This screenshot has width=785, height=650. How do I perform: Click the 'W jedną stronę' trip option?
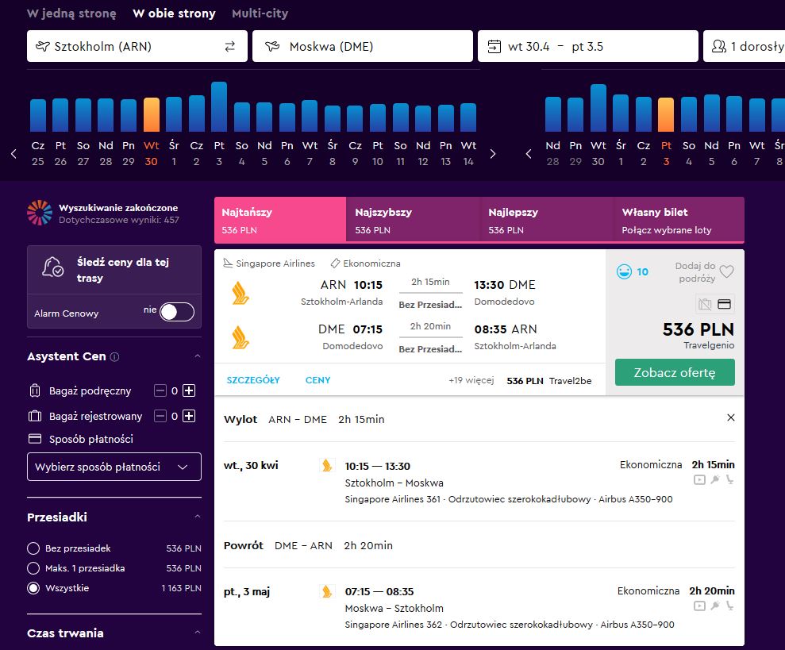(71, 13)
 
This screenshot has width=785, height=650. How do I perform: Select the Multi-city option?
(260, 13)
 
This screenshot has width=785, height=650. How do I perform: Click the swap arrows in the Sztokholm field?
(230, 47)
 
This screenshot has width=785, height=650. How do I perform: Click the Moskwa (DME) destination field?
(363, 46)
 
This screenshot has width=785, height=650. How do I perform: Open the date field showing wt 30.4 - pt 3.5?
(587, 46)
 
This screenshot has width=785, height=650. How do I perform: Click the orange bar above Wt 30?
(151, 114)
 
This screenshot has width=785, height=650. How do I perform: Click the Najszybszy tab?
(413, 221)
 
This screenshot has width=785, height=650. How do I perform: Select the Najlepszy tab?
(547, 221)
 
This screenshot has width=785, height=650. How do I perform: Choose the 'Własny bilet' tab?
(679, 221)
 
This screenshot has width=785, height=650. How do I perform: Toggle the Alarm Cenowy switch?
(177, 312)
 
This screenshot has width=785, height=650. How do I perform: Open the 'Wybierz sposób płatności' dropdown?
(114, 467)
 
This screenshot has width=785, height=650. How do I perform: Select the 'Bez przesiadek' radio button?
(33, 548)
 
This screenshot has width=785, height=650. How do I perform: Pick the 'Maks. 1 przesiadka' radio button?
(33, 568)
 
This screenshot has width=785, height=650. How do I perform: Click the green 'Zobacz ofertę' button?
(675, 372)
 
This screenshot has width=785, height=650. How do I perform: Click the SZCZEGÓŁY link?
(253, 380)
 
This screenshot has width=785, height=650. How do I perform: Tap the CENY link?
(318, 380)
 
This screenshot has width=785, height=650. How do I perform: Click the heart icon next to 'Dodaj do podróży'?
(726, 271)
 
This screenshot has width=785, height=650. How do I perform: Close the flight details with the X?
(731, 417)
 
